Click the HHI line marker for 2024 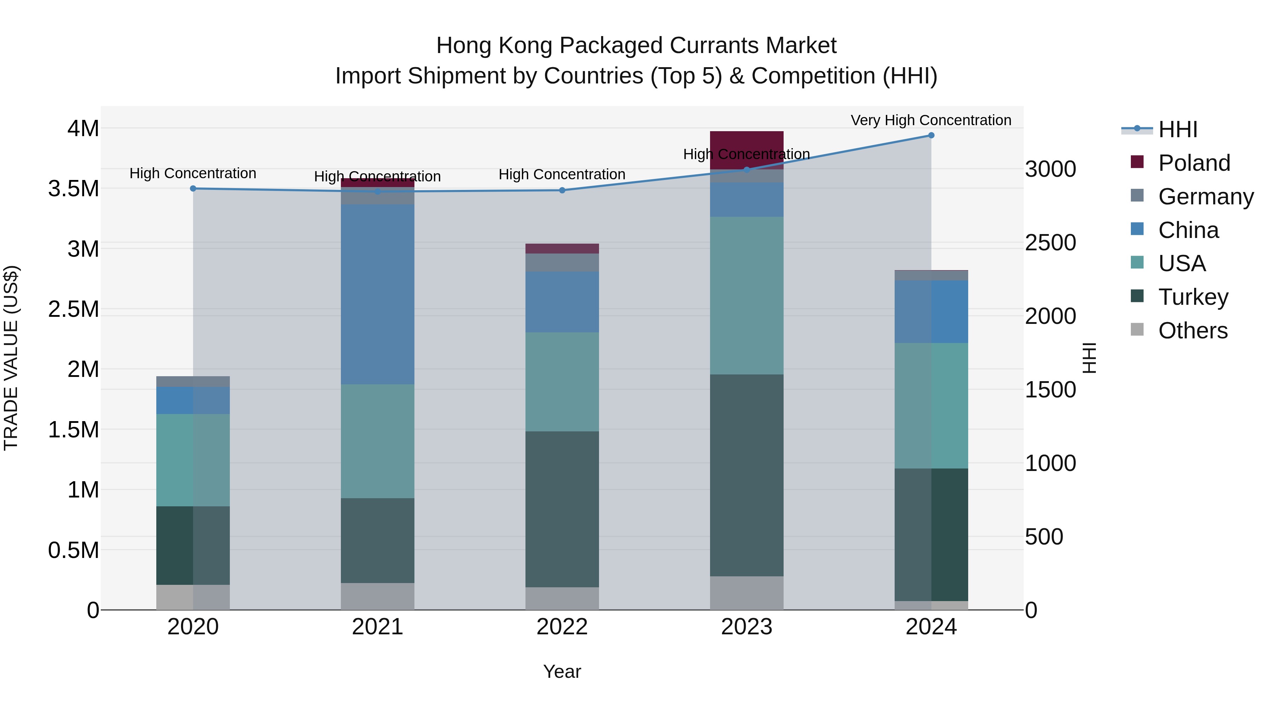pyautogui.click(x=931, y=135)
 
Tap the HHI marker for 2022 pyautogui.click(x=562, y=190)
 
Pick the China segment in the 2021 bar pyautogui.click(x=378, y=294)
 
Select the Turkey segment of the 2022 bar pyautogui.click(x=562, y=509)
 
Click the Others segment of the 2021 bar pyautogui.click(x=378, y=596)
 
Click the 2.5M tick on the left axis pyautogui.click(x=74, y=309)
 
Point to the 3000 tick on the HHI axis pyautogui.click(x=1050, y=169)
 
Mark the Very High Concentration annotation pyautogui.click(x=931, y=120)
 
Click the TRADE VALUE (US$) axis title pyautogui.click(x=11, y=358)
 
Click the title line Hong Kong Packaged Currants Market pyautogui.click(x=636, y=46)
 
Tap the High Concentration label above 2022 pyautogui.click(x=562, y=174)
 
